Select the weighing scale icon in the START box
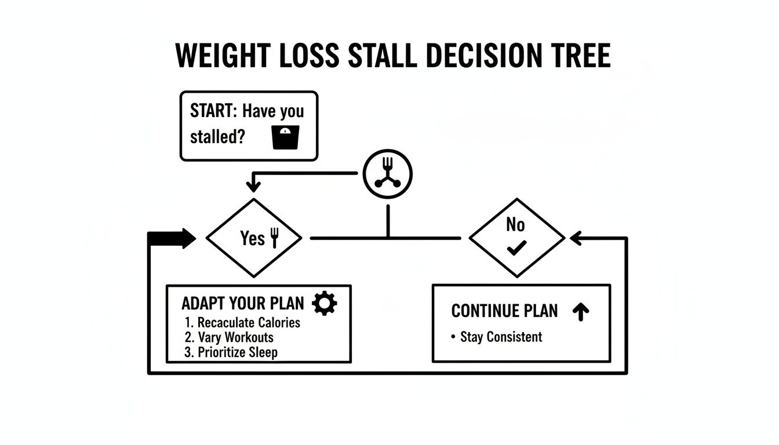285,137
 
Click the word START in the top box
213,111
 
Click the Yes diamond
254,238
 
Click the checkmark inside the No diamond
515,249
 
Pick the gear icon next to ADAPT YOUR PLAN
324,303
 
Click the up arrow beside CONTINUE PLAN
580,312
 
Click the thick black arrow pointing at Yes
173,238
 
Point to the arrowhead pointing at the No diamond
576,238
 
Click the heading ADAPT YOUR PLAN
242,303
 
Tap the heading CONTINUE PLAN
504,311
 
